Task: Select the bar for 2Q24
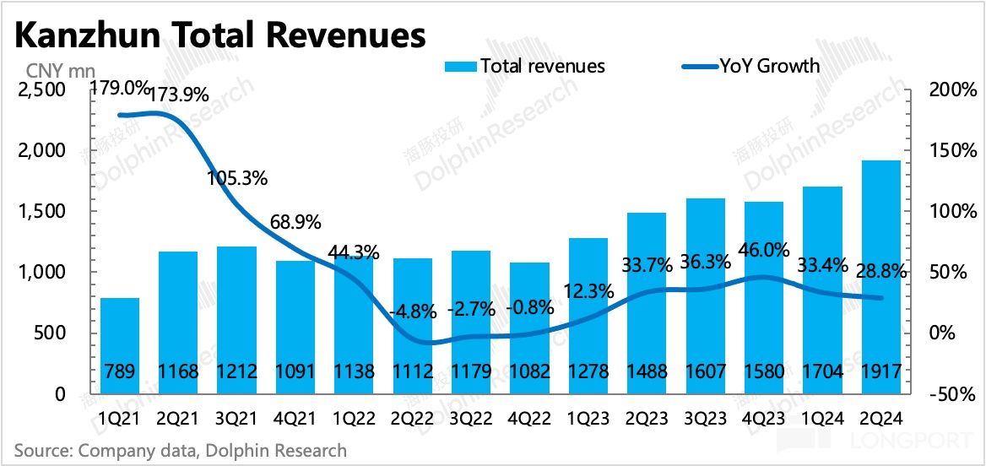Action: (x=882, y=279)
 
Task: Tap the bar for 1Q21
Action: (x=119, y=346)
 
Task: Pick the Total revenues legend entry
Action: (x=523, y=66)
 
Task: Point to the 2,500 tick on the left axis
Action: (x=41, y=89)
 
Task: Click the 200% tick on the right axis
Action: (x=946, y=89)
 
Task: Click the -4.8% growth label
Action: (x=412, y=311)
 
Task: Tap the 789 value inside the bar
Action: (x=119, y=372)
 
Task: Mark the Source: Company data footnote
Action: (x=180, y=450)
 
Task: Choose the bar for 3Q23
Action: (x=706, y=295)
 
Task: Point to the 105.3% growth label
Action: (x=237, y=178)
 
